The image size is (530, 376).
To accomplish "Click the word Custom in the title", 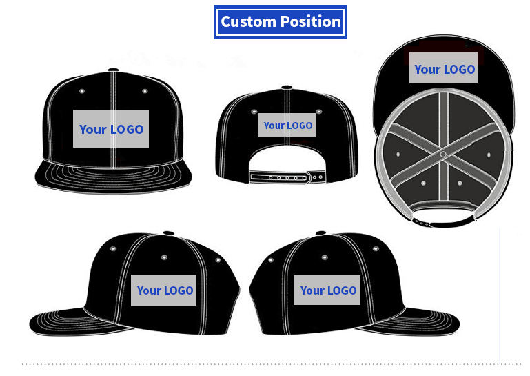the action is pos(248,22).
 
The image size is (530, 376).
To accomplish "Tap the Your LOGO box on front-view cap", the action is pos(111,129).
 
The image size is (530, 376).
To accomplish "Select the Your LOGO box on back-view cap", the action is pos(288,126).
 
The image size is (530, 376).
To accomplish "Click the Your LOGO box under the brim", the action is pos(444,69).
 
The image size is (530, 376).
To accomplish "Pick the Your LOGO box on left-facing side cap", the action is pos(165,290).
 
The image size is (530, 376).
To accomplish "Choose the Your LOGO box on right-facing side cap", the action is pos(328,290).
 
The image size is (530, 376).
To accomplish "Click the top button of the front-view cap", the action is pos(113,70).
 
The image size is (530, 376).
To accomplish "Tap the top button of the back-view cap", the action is pos(287,88).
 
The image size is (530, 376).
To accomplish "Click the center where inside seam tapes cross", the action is pos(443,154).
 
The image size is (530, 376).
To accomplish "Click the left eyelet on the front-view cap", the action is pos(82,91).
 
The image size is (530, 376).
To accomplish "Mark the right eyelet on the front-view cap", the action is pos(145,91).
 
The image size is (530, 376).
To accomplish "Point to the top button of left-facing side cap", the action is pos(168,234).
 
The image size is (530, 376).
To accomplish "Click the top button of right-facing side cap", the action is pos(320,234).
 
